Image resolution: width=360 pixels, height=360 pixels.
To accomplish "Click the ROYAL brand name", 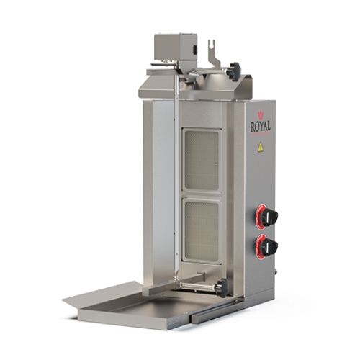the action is (x=261, y=127).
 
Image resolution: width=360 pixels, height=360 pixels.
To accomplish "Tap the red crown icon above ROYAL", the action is (x=260, y=115).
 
